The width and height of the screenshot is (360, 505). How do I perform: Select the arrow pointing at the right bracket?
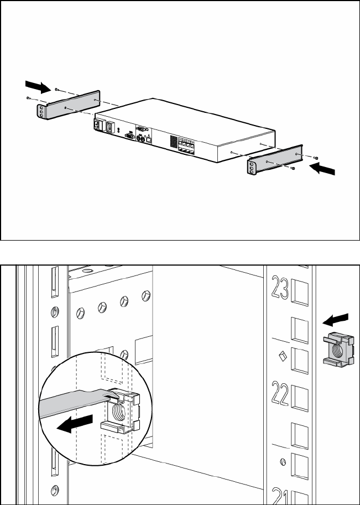pyautogui.click(x=323, y=170)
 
